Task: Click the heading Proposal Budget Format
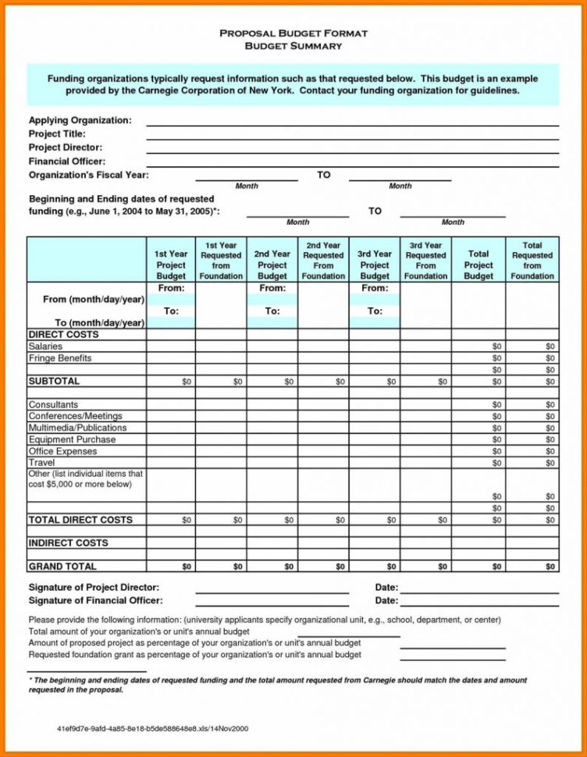tap(293, 34)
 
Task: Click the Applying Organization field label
tap(80, 120)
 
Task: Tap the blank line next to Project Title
tap(352, 134)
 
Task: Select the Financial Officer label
tap(66, 161)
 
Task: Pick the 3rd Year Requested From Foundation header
tap(425, 261)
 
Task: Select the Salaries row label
tap(45, 346)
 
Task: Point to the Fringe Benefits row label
tap(60, 358)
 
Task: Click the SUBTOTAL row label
tap(54, 381)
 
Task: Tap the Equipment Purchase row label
tap(72, 439)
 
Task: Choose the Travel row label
tap(41, 463)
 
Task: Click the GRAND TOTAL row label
tap(62, 566)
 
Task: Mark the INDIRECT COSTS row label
tap(68, 542)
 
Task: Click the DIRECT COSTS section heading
tap(63, 334)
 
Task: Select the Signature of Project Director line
tap(272, 588)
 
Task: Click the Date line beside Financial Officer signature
tap(478, 601)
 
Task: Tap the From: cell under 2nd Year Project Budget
tap(272, 288)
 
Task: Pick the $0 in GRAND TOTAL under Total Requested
tap(550, 567)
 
